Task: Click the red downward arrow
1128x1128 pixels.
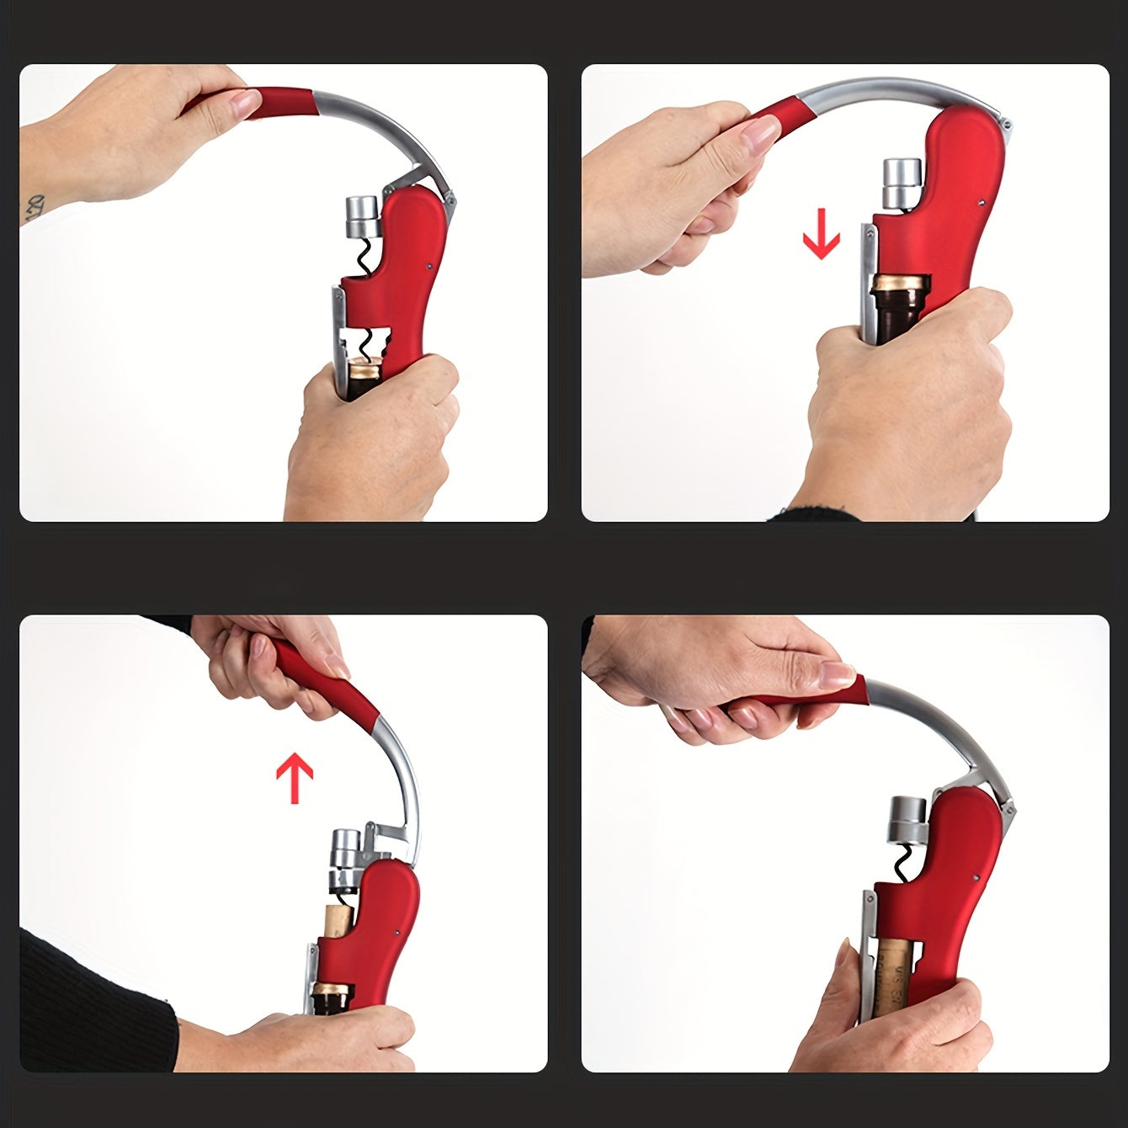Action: point(821,239)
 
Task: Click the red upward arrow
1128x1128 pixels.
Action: point(295,779)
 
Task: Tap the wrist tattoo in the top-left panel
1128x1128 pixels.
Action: point(34,206)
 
